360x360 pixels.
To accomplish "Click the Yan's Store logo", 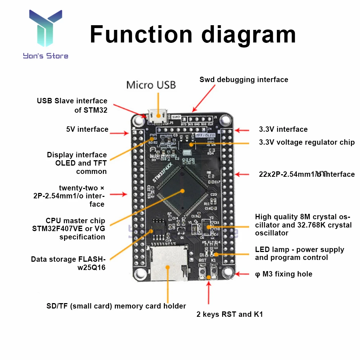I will pyautogui.click(x=45, y=34).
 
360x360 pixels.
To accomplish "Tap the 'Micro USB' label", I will pyautogui.click(x=151, y=85).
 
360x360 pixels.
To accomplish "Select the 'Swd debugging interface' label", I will pyautogui.click(x=244, y=80).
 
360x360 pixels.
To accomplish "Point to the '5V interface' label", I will pyautogui.click(x=87, y=129).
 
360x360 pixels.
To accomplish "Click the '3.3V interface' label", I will pyautogui.click(x=283, y=129).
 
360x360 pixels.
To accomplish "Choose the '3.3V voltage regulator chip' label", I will pyautogui.click(x=307, y=142).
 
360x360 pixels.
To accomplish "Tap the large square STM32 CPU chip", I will pyautogui.click(x=182, y=190).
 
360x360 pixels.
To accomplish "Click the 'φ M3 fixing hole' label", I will pyautogui.click(x=283, y=274).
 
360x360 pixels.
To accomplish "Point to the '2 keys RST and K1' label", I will pyautogui.click(x=230, y=314).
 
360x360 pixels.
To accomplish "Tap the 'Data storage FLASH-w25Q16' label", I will pyautogui.click(x=68, y=263).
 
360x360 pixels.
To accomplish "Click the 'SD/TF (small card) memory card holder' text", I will pyautogui.click(x=116, y=306).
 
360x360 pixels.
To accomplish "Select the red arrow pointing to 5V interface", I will pyautogui.click(x=120, y=134).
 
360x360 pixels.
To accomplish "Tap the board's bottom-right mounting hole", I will pyautogui.click(x=228, y=273).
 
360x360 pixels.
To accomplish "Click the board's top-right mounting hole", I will pyautogui.click(x=226, y=119).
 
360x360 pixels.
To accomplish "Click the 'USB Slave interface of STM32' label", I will pyautogui.click(x=72, y=105).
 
